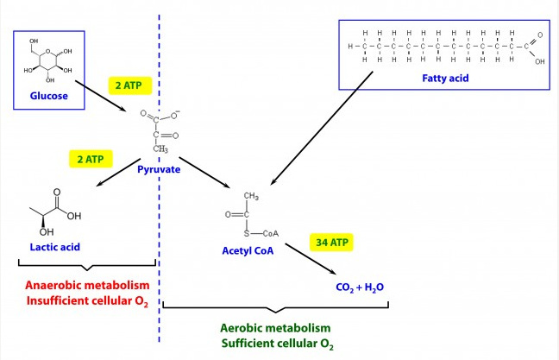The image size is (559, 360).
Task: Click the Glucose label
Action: click(x=49, y=96)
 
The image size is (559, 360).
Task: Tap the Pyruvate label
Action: click(x=159, y=169)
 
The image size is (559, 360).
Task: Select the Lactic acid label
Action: click(x=55, y=247)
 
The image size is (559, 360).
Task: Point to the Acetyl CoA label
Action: click(x=248, y=251)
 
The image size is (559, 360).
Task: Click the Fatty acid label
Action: click(x=445, y=79)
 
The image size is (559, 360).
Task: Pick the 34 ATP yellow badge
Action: click(x=331, y=243)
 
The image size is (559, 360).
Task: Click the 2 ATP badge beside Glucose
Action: click(x=129, y=85)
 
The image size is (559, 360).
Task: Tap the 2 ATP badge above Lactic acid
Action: click(x=91, y=159)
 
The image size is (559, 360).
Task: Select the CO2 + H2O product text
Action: click(x=360, y=287)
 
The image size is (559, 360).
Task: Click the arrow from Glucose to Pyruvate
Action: click(x=101, y=96)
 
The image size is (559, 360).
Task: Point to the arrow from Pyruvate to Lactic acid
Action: click(x=118, y=173)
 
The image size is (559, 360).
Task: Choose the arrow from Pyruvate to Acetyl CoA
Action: click(x=204, y=173)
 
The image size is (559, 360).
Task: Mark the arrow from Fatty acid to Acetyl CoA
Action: click(x=322, y=128)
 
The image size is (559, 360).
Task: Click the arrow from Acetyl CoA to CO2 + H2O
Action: click(x=311, y=259)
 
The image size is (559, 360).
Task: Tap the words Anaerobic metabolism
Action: click(x=87, y=286)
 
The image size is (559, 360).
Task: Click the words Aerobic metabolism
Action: click(x=275, y=328)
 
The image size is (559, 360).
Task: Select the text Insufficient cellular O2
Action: click(x=87, y=301)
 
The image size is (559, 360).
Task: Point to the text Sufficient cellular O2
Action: click(x=278, y=344)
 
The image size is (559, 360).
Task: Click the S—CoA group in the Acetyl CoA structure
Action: click(x=261, y=234)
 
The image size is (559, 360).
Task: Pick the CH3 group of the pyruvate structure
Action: click(x=160, y=148)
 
